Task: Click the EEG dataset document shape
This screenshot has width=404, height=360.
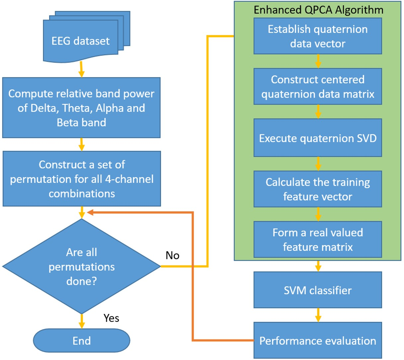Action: tap(81, 41)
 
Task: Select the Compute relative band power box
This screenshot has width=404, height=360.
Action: tap(81, 108)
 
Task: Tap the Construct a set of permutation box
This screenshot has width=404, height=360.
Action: tap(82, 179)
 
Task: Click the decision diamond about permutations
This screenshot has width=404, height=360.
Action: tap(82, 266)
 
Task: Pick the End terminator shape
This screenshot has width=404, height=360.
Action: tap(82, 341)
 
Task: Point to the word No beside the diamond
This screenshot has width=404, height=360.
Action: tap(172, 255)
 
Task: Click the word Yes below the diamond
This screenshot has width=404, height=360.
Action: tap(111, 318)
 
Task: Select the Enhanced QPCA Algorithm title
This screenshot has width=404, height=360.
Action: tap(318, 10)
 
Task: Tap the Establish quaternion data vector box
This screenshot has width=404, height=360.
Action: tap(318, 36)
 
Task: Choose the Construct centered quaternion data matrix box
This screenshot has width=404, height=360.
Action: tap(318, 87)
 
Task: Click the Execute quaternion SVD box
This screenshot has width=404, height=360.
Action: tap(318, 138)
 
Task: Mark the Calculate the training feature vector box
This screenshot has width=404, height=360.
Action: tap(318, 189)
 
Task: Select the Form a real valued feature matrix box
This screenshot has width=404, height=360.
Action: tap(318, 240)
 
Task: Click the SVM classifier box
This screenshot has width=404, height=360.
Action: tap(318, 290)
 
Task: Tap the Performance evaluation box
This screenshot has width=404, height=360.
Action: tap(318, 341)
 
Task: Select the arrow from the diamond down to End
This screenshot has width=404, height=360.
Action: tap(82, 321)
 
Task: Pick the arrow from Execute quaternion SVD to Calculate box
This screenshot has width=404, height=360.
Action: tap(318, 164)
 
